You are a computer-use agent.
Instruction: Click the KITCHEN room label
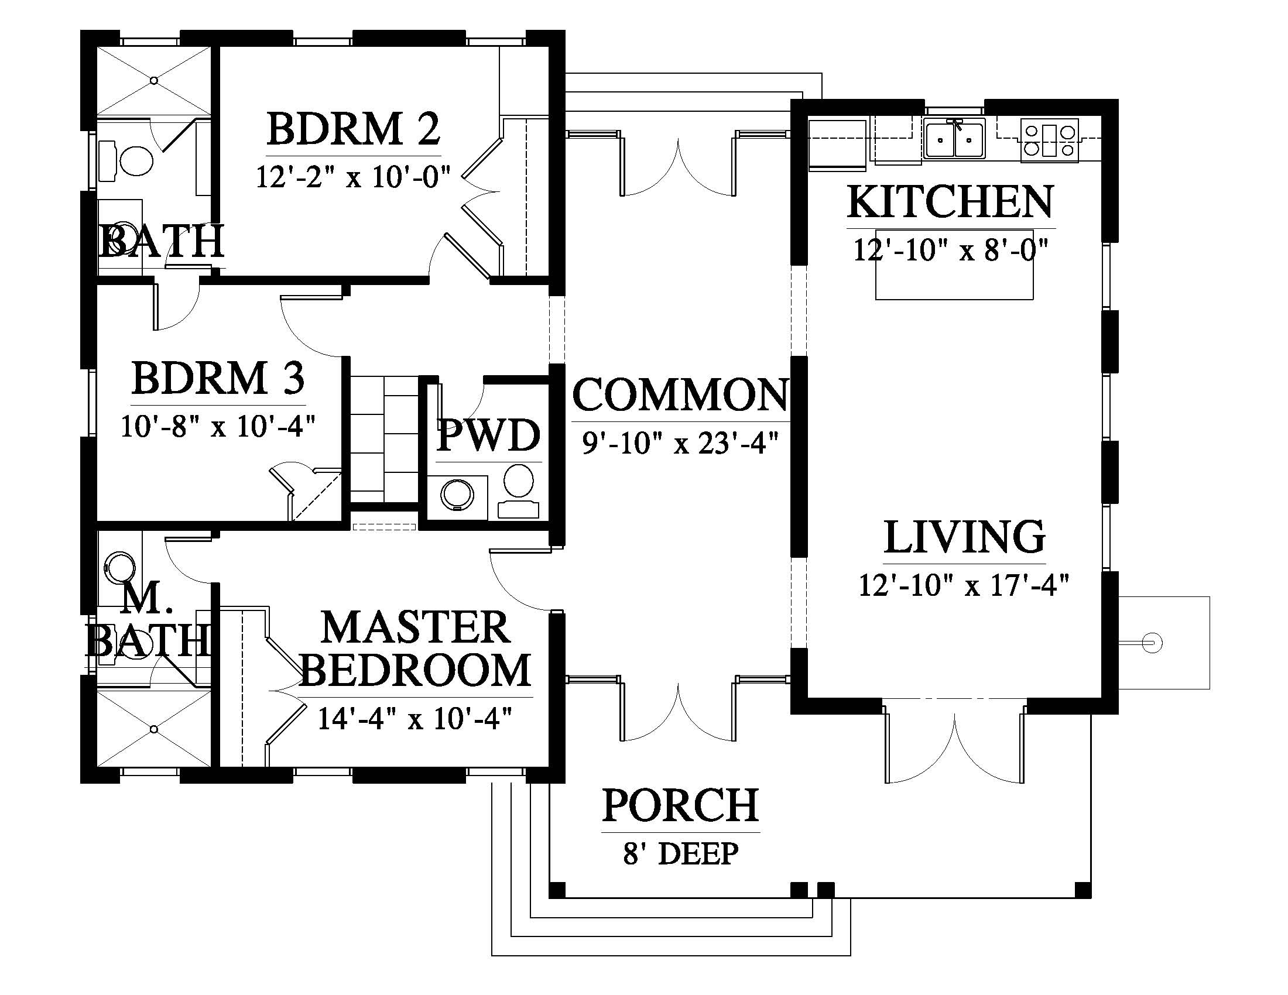950,201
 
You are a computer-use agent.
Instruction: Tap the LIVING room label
965,537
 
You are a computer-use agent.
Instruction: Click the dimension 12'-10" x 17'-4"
964,585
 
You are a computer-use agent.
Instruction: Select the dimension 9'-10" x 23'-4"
680,442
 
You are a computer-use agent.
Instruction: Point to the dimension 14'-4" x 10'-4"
415,719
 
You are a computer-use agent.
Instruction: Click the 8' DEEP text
680,853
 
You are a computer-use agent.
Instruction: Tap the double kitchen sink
954,140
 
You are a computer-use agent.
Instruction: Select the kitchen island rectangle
954,264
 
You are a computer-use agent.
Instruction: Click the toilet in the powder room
518,489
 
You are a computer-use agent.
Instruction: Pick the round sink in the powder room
457,494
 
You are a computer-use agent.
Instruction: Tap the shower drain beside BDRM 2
154,80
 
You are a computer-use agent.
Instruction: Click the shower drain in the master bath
154,729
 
